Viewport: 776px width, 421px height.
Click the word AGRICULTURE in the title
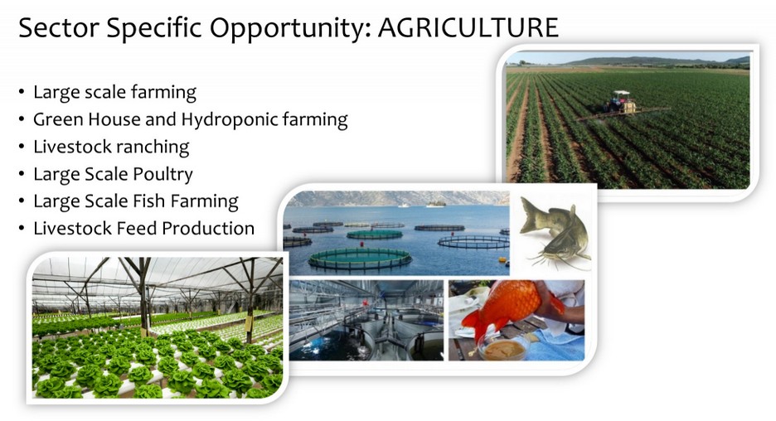(x=468, y=27)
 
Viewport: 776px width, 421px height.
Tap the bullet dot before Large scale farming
(x=22, y=93)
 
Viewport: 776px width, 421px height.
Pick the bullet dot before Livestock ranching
(x=22, y=147)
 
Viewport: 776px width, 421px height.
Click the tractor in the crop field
(x=618, y=103)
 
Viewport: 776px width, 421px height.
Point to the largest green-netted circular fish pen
(x=360, y=259)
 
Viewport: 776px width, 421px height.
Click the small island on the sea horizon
(x=435, y=203)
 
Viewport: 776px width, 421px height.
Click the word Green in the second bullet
(x=57, y=119)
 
